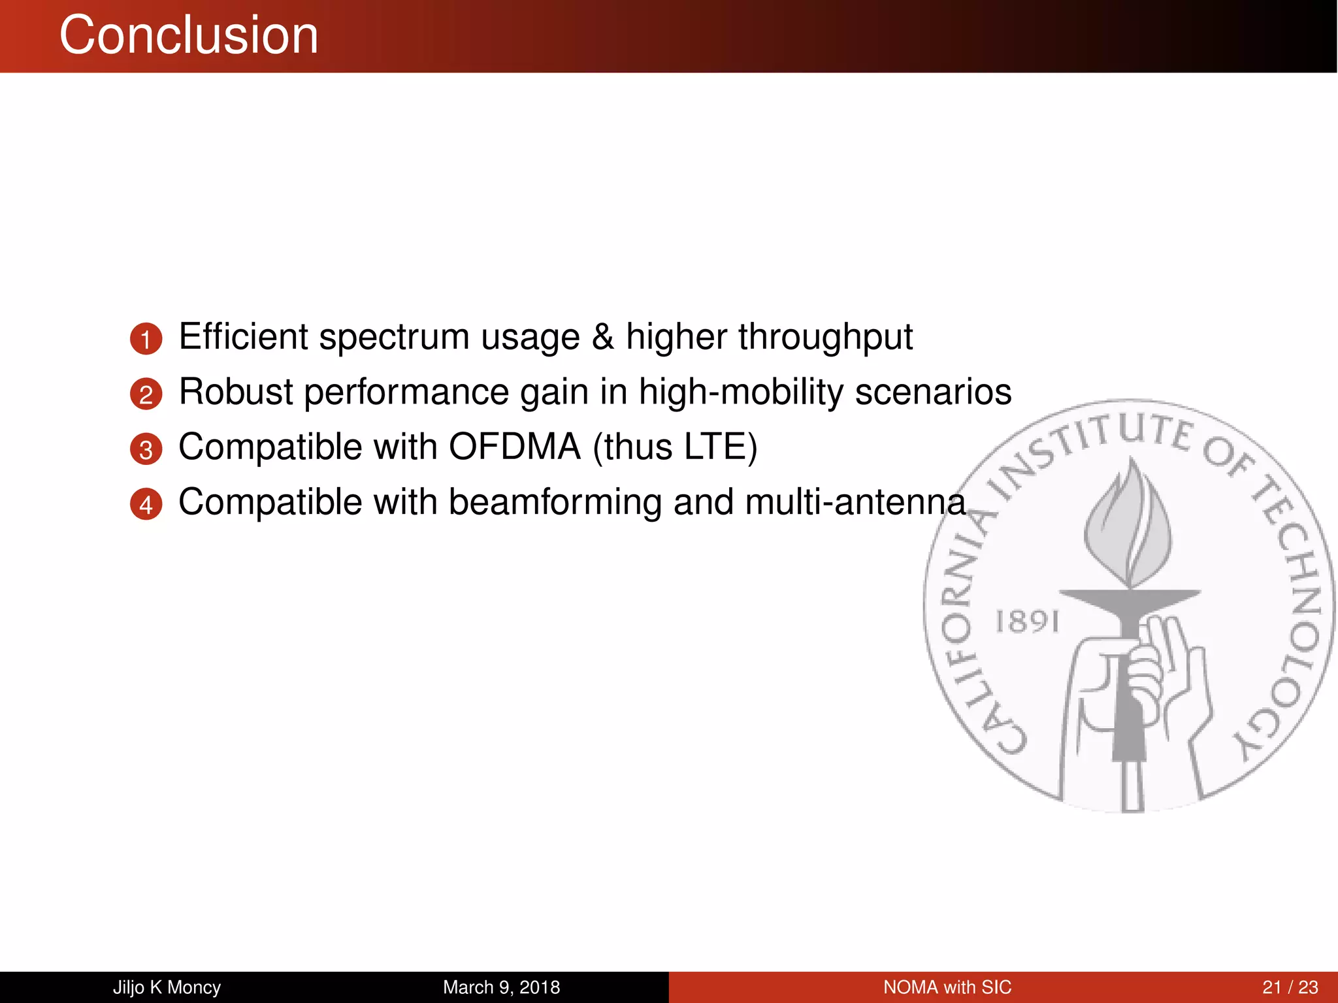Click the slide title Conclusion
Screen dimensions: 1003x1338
[x=189, y=35]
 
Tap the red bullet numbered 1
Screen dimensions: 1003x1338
[x=146, y=339]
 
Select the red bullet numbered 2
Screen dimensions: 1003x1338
[x=146, y=394]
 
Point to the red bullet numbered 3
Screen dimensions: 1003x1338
[x=146, y=449]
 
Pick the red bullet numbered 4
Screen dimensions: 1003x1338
[x=146, y=504]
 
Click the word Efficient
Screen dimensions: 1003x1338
[x=243, y=337]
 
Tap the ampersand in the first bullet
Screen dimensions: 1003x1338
[x=602, y=337]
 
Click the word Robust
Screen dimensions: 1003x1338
[x=236, y=392]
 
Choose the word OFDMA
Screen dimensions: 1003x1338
[x=514, y=447]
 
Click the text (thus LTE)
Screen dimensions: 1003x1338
[x=675, y=448]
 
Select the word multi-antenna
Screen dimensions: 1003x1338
[x=855, y=503]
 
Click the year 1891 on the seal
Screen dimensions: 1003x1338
[x=1026, y=622]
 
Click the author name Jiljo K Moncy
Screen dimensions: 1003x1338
[x=167, y=987]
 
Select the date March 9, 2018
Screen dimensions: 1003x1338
[x=501, y=987]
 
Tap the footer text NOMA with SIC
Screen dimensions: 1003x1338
[x=947, y=987]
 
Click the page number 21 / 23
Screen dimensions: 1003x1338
[x=1290, y=987]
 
